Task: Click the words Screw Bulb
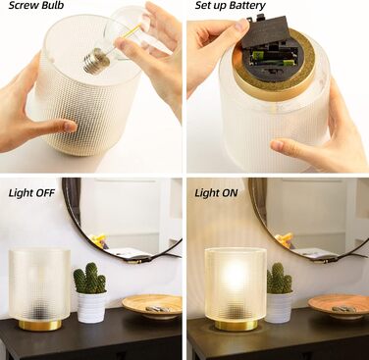36,5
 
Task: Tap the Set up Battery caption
231,6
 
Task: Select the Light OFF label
31,193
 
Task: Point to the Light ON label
216,193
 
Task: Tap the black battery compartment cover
266,31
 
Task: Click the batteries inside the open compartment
274,58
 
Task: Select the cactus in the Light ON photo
279,279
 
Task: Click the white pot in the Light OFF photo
91,307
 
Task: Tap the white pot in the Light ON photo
280,307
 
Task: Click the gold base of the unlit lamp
40,325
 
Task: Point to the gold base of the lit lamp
236,325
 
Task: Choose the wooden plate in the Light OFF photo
152,306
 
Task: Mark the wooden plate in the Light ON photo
339,306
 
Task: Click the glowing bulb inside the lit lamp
235,273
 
